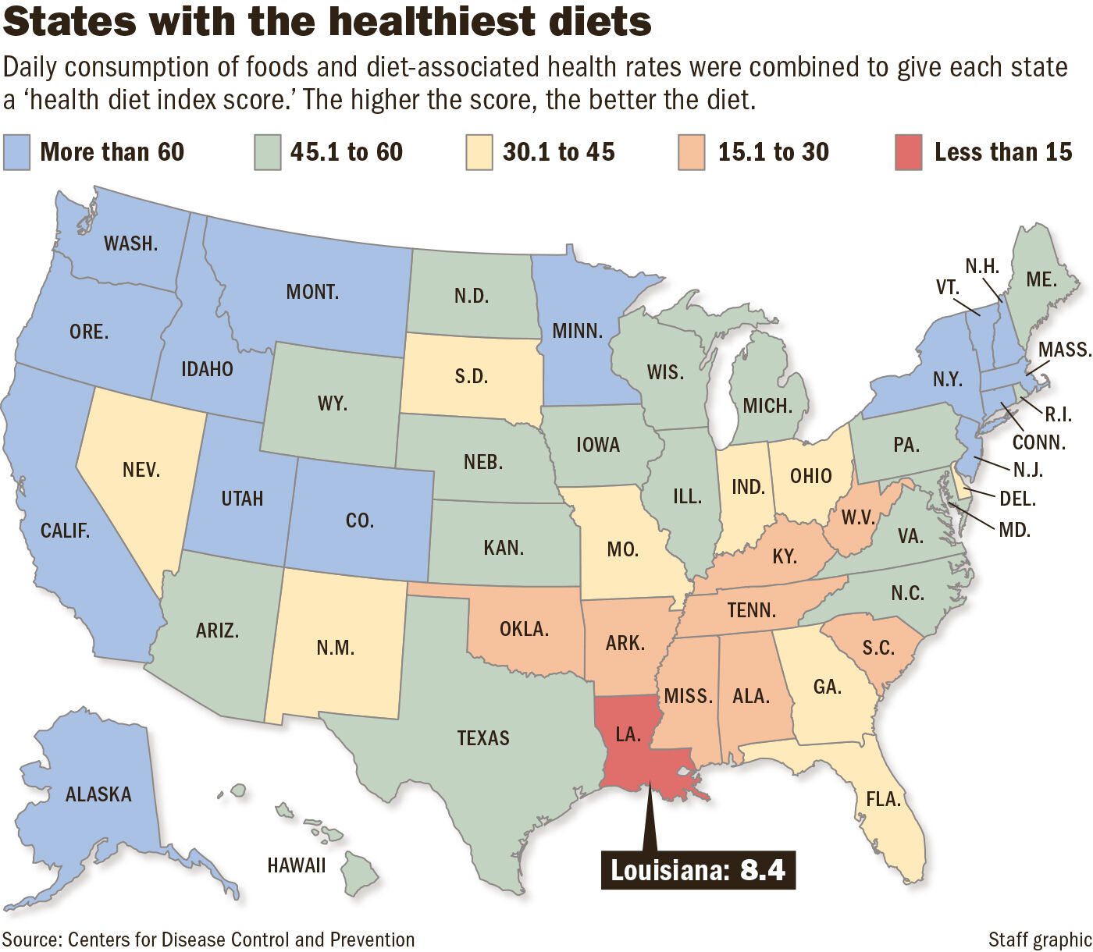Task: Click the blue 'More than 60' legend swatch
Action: coord(16,152)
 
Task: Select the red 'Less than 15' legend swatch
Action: coord(908,152)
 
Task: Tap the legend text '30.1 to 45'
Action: coord(558,152)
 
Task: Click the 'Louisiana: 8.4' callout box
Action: coord(698,869)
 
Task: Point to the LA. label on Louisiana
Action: coord(628,734)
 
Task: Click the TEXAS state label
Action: coord(483,738)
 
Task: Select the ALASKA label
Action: coord(98,794)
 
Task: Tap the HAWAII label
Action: coord(296,865)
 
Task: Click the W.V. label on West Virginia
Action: coord(858,518)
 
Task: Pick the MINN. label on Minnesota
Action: coord(577,331)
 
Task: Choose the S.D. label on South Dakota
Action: coord(471,376)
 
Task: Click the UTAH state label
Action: coord(242,499)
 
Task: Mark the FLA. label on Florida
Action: coord(883,799)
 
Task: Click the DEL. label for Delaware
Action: coord(1017,498)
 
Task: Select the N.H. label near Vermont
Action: coord(982,266)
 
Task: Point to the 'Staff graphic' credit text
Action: coord(1039,940)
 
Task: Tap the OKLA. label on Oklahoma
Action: coord(524,628)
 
